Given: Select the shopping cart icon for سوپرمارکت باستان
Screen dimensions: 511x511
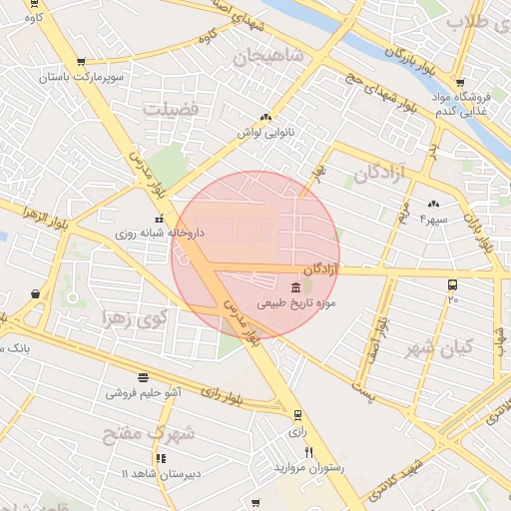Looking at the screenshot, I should tap(80, 62).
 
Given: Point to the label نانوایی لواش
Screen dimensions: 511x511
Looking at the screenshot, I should tap(263, 132).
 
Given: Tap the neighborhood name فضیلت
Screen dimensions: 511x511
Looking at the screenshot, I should tap(172, 107).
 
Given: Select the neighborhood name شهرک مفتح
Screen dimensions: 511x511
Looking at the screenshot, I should tap(149, 434).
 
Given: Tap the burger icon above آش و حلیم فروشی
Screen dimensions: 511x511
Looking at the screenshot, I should tap(144, 377).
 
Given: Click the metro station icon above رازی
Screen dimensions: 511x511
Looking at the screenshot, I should tap(296, 415).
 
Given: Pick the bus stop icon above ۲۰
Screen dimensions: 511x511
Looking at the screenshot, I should tap(453, 284).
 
